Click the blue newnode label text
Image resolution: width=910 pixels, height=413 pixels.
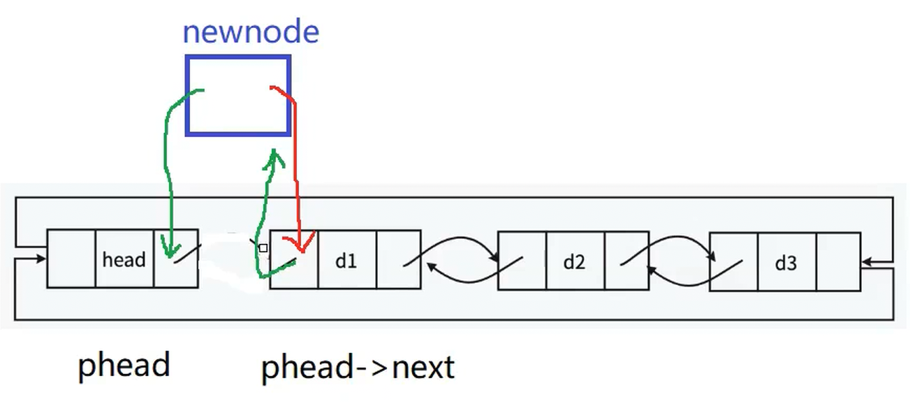[250, 32]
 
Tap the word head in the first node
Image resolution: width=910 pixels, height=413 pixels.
[124, 260]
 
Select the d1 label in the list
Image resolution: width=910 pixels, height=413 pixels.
[346, 261]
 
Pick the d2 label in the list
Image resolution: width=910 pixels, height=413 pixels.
[574, 262]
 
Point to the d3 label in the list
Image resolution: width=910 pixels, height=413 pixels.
[786, 263]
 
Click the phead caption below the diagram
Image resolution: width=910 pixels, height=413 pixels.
[124, 365]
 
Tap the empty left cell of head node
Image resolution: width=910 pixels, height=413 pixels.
[71, 259]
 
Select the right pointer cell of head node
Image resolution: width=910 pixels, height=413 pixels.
[175, 259]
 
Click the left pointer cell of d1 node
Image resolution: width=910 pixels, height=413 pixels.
[294, 259]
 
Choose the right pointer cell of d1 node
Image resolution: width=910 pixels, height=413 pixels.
[398, 259]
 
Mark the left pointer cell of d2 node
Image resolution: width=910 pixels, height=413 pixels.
[522, 261]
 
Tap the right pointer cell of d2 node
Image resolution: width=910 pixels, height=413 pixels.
[626, 261]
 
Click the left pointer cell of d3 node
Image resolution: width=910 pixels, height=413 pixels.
[733, 262]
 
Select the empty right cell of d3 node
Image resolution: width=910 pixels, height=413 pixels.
[838, 262]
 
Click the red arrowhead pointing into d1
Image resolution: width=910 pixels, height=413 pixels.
[302, 247]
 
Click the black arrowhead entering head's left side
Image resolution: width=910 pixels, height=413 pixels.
[42, 259]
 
